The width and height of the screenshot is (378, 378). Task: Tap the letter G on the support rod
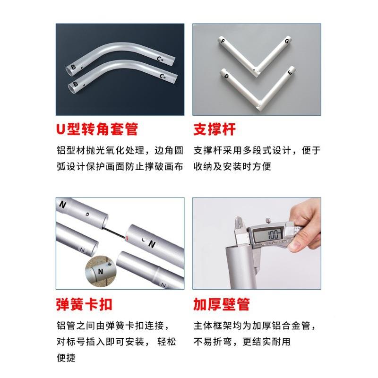(x=286, y=42)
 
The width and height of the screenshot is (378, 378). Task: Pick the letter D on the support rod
(x=227, y=76)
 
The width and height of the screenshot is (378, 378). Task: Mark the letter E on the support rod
(x=289, y=73)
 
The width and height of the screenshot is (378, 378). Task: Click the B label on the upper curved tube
(x=73, y=67)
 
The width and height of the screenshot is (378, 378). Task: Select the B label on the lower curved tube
(x=75, y=84)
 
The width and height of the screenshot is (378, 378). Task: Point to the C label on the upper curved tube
(x=160, y=59)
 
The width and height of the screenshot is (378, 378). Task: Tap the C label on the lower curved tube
(x=163, y=76)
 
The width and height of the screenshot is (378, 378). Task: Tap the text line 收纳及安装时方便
(x=232, y=167)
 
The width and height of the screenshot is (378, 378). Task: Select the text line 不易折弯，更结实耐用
(x=241, y=342)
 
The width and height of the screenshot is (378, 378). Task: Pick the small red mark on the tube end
(x=127, y=237)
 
